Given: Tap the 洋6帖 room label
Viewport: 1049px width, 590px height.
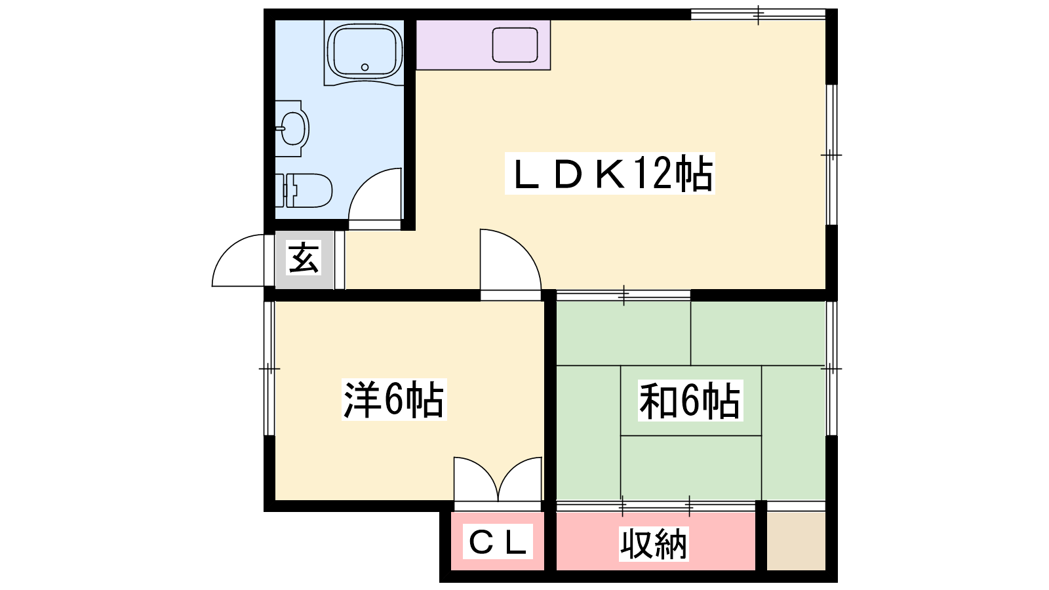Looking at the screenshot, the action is click(394, 400).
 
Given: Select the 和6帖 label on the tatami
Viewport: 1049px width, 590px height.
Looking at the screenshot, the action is click(690, 401).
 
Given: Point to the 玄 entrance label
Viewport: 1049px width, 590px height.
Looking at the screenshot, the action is click(304, 258).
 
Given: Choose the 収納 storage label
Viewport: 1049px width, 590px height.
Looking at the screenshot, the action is click(653, 544).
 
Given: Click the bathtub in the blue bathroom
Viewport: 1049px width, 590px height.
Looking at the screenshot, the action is click(365, 53).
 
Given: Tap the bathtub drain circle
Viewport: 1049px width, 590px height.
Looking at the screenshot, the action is click(365, 67).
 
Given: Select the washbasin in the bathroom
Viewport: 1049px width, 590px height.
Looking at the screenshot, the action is click(292, 128).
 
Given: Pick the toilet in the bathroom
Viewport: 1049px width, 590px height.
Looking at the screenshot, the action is click(304, 191).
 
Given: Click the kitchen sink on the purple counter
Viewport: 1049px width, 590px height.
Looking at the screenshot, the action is click(515, 45).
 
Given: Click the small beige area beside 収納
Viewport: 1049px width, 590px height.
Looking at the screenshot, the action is click(796, 541).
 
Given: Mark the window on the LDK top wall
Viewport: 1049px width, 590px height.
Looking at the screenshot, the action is click(758, 14).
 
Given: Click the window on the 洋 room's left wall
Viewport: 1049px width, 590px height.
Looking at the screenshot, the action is click(269, 368).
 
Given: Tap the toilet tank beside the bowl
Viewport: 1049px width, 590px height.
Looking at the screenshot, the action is click(280, 191).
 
